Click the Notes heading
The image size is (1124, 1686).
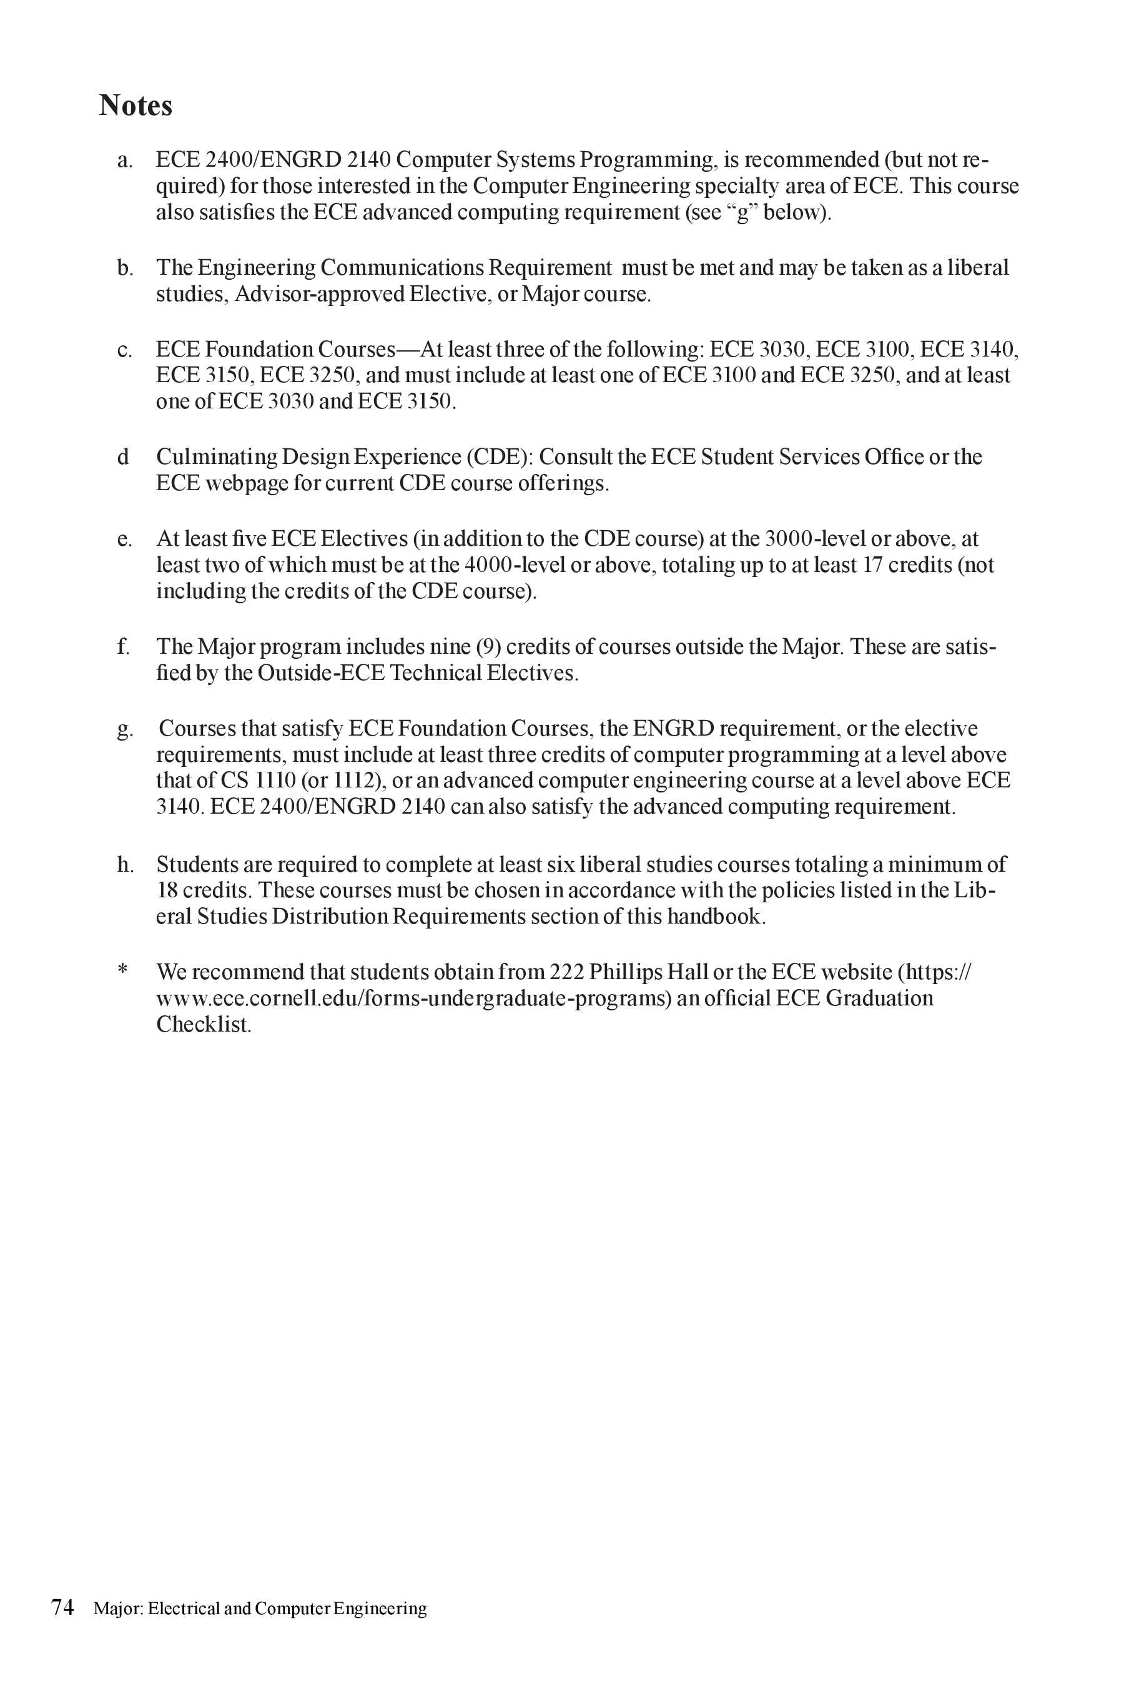(x=136, y=106)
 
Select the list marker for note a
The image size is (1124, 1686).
(x=125, y=160)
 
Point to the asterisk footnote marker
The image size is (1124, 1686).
(x=122, y=970)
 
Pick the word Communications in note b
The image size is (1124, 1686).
(x=402, y=267)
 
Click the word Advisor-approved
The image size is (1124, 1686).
(x=319, y=294)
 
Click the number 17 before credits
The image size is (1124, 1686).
(x=872, y=565)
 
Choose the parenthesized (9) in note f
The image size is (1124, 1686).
(x=488, y=646)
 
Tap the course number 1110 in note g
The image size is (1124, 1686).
(x=275, y=781)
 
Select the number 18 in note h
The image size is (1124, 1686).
(x=167, y=890)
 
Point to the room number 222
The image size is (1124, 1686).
(x=566, y=972)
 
